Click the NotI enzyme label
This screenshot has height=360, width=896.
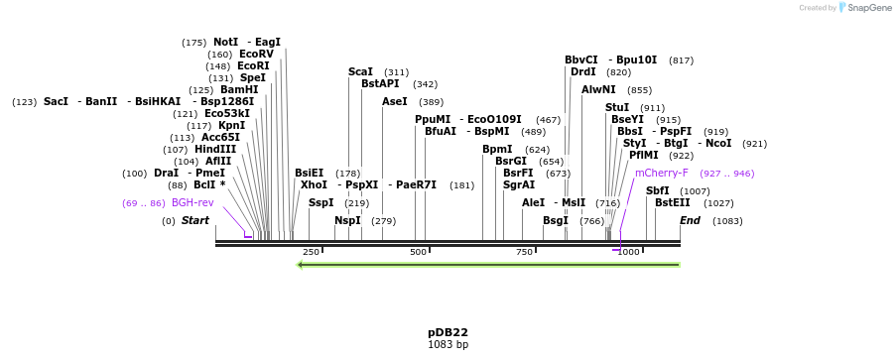(x=225, y=42)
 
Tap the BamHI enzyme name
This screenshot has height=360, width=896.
(x=238, y=89)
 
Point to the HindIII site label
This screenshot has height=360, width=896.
(x=215, y=149)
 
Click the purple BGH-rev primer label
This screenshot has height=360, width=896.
(x=192, y=202)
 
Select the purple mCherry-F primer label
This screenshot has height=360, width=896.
(x=661, y=173)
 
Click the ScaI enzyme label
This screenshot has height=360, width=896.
(x=360, y=71)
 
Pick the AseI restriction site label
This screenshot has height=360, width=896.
(x=394, y=101)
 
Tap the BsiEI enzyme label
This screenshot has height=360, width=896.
(x=309, y=173)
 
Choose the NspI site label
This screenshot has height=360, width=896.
(x=347, y=220)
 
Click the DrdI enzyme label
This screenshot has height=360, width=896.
(x=583, y=71)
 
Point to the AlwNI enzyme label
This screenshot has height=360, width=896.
(x=598, y=89)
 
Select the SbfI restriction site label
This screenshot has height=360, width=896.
(x=657, y=190)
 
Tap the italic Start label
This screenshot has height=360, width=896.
(x=194, y=220)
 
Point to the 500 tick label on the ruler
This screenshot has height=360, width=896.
(x=419, y=252)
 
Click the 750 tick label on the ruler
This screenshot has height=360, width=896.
(x=524, y=252)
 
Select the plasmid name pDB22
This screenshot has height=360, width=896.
(x=448, y=332)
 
